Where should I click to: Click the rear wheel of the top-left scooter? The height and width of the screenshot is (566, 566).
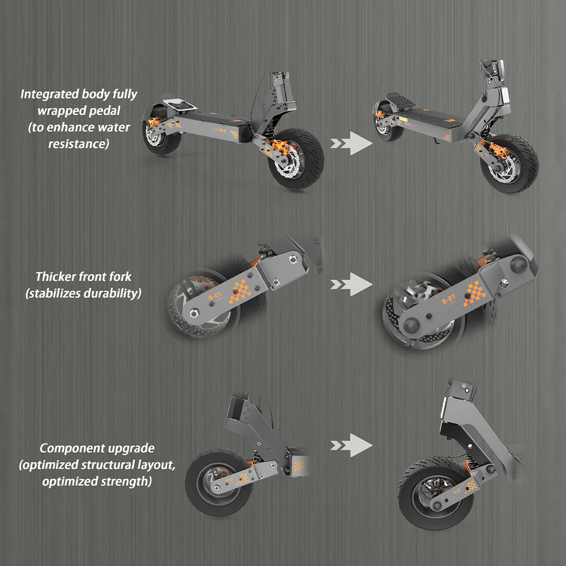161,141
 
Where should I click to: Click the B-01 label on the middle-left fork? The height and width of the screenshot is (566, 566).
215,295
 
